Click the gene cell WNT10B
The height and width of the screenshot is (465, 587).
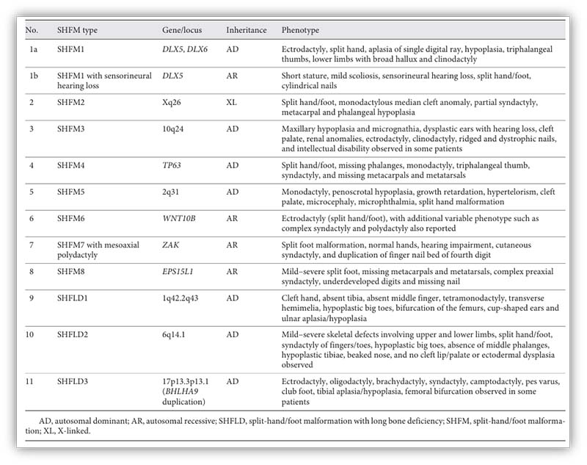179,219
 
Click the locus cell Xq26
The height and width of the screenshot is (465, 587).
172,104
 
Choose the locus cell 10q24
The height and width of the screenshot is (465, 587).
174,130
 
